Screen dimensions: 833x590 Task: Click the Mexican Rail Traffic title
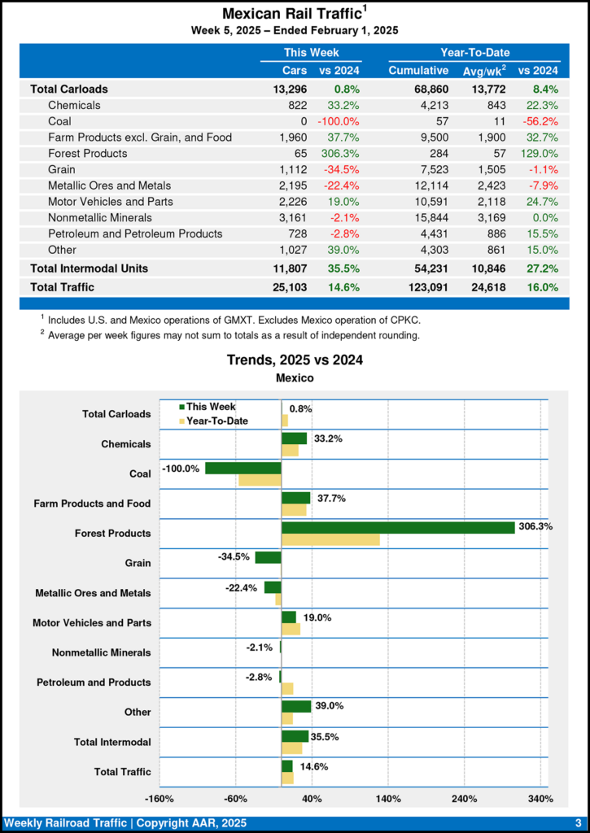(x=291, y=14)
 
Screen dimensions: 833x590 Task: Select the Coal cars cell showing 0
(x=302, y=121)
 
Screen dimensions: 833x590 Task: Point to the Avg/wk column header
(x=484, y=71)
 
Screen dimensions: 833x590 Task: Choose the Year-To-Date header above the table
(x=475, y=52)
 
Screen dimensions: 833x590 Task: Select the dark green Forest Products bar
(x=398, y=527)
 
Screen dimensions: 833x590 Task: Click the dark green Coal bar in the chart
(x=243, y=468)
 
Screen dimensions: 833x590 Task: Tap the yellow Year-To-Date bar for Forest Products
(x=330, y=539)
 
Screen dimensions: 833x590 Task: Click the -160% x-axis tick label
(x=159, y=799)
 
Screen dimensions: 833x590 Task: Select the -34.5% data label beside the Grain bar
(x=234, y=557)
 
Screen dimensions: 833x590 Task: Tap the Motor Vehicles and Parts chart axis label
(x=91, y=623)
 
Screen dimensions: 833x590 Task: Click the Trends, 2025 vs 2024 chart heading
(x=295, y=360)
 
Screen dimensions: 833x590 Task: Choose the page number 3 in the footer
(x=578, y=823)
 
